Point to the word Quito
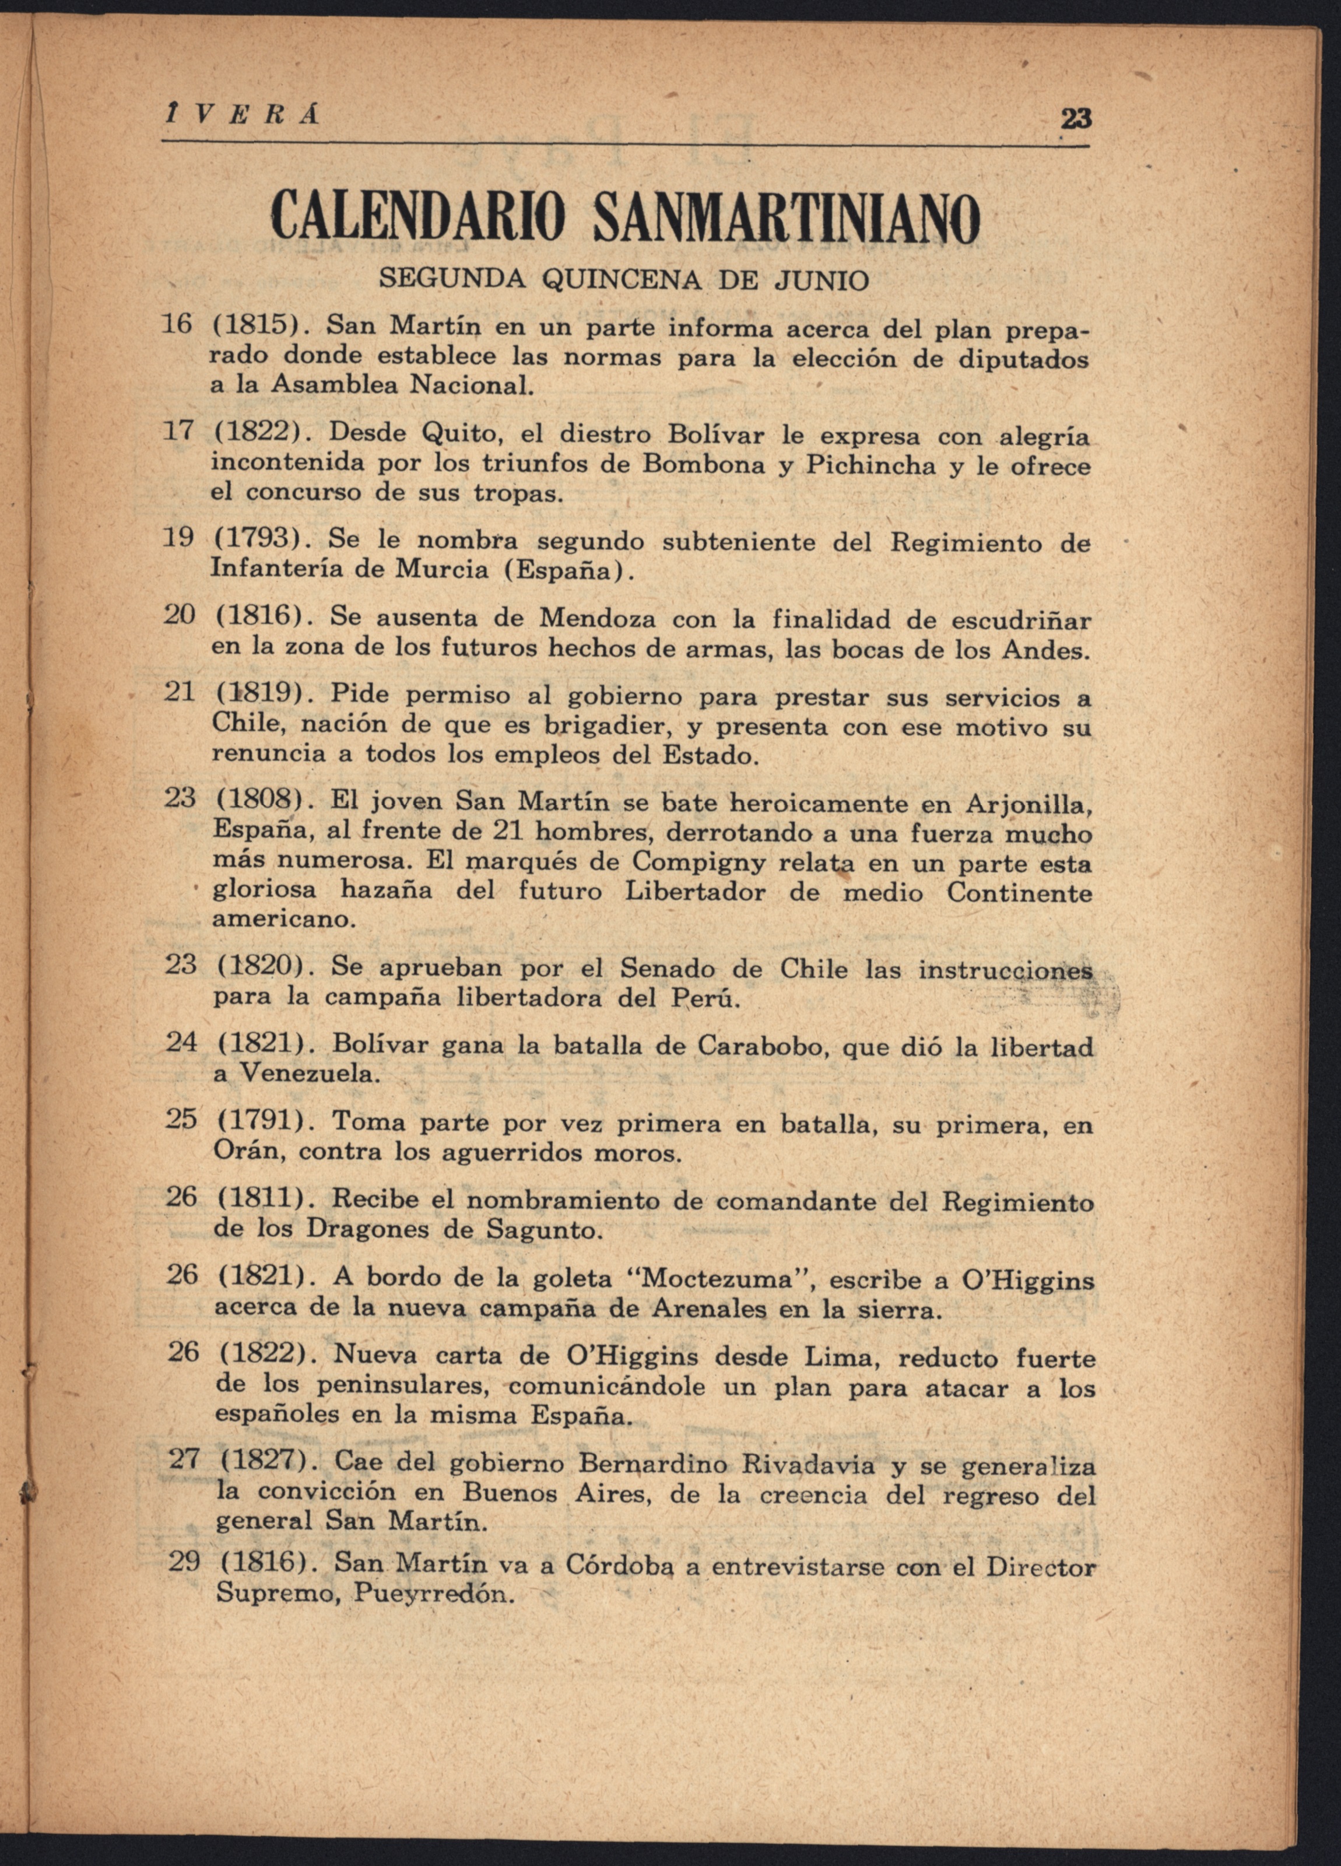459,434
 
